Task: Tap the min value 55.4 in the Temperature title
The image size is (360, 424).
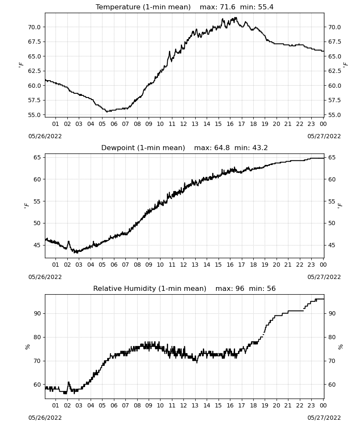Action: (x=266, y=7)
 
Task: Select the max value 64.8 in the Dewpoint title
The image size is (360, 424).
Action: (x=222, y=148)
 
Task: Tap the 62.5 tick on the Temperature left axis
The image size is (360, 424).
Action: (x=34, y=71)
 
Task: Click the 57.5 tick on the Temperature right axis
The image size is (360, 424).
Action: (x=335, y=100)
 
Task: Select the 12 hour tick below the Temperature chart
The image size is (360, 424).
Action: (x=184, y=124)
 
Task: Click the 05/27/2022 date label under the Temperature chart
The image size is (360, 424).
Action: (x=324, y=136)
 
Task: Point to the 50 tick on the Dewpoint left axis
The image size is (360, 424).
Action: (x=37, y=223)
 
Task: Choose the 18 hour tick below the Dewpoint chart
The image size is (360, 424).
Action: (x=253, y=265)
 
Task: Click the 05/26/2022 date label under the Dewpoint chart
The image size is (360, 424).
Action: (x=45, y=277)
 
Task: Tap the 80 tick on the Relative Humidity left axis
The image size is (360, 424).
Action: (x=37, y=337)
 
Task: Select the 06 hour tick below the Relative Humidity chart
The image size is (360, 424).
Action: (x=114, y=405)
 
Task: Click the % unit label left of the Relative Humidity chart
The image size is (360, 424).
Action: (x=27, y=347)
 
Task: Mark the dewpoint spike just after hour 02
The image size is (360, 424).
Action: (x=69, y=242)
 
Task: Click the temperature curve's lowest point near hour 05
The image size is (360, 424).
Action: (x=107, y=112)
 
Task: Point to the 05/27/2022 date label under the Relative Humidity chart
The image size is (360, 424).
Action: (x=324, y=418)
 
